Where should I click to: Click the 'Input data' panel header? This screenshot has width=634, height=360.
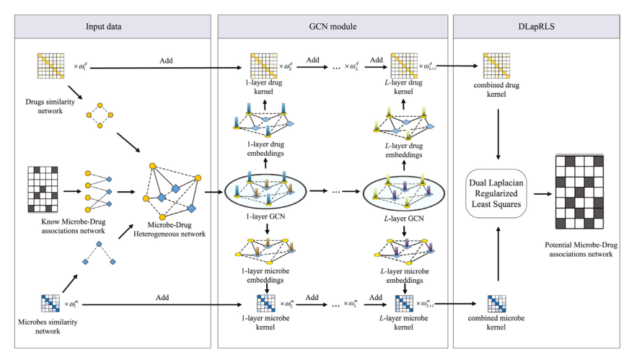point(109,27)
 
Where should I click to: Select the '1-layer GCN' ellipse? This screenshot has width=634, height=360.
point(266,191)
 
